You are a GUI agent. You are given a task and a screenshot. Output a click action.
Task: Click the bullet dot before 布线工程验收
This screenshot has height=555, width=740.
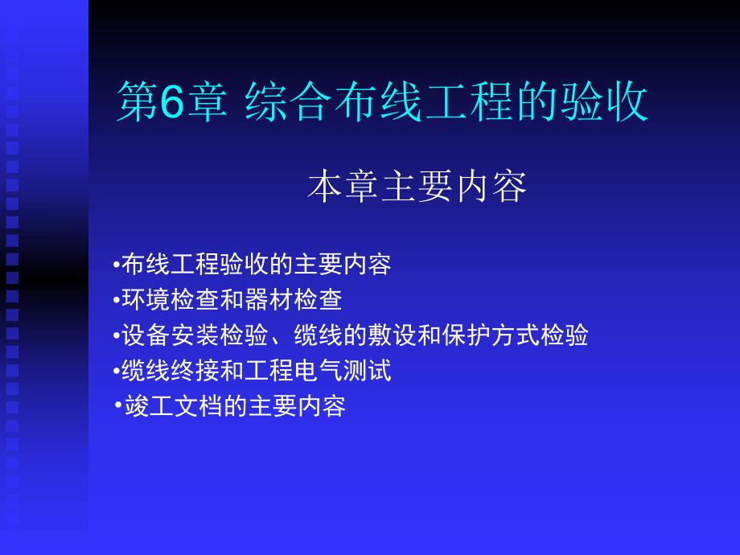116,264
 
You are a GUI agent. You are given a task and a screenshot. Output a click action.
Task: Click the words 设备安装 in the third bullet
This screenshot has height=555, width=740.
171,335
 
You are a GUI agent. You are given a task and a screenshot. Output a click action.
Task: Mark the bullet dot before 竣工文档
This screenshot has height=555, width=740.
118,405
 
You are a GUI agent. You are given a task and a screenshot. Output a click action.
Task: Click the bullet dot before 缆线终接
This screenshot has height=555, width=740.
116,371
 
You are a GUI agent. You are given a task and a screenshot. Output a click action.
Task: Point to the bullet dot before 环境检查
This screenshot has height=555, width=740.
116,300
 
